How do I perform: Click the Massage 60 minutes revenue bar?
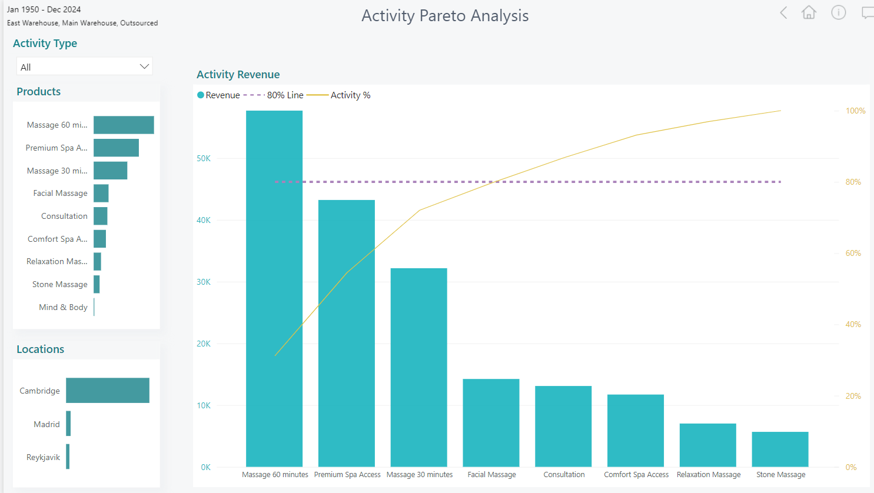point(274,288)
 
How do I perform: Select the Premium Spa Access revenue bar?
point(347,333)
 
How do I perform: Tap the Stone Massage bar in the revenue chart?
point(780,449)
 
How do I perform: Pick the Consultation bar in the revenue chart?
point(563,426)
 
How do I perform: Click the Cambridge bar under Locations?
point(108,391)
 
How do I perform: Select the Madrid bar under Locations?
point(68,424)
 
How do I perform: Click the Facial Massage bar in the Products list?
point(101,193)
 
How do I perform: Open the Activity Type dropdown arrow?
point(144,66)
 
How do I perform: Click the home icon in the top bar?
point(809,12)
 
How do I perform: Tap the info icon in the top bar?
point(839,12)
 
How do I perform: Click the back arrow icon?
point(783,12)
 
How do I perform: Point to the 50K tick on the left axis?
point(204,158)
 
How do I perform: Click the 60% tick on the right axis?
point(853,253)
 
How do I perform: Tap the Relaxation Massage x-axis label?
point(709,475)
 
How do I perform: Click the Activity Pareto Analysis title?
point(445,16)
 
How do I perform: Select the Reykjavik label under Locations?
point(43,457)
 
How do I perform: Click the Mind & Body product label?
point(63,307)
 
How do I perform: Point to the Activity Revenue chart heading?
point(238,75)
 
